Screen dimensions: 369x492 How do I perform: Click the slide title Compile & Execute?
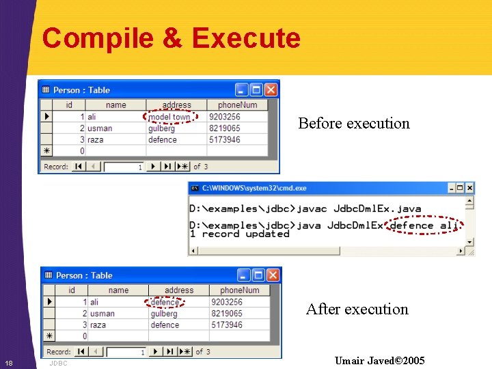coord(171,38)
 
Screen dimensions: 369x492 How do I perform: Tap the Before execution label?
coord(354,124)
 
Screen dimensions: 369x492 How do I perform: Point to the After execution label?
coord(357,310)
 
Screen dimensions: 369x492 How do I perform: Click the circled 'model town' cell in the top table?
coord(169,117)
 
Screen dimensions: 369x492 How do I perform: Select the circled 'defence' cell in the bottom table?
coord(165,302)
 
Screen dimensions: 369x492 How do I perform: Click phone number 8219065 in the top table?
coord(224,128)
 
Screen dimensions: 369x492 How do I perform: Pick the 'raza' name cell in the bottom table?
coord(98,325)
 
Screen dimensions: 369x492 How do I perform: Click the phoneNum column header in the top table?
coord(237,105)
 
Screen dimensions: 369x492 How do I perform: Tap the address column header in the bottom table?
coord(179,290)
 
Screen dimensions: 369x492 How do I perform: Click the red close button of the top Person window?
coord(271,90)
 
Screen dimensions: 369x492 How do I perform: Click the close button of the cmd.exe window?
coord(469,188)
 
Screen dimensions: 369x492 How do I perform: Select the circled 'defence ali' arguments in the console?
coord(424,225)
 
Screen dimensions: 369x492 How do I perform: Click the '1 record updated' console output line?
coord(239,234)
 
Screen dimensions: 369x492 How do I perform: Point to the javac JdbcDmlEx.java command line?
coord(305,209)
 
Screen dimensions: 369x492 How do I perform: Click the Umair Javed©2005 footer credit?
coord(379,360)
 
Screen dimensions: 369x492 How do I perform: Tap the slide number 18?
coord(8,363)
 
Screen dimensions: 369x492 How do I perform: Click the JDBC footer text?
coord(58,363)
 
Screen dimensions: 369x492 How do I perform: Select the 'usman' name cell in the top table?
coord(100,128)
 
